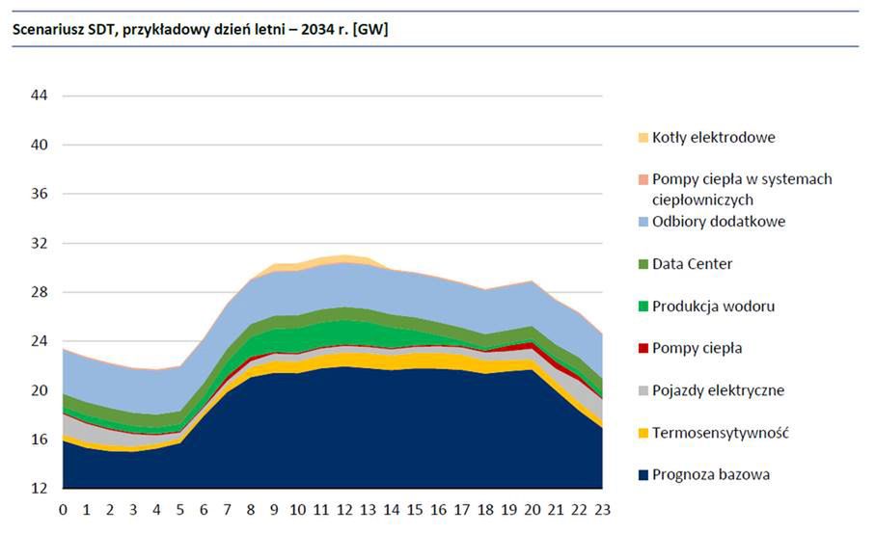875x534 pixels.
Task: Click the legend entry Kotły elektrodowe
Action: (713, 137)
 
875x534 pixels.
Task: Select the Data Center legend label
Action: (691, 264)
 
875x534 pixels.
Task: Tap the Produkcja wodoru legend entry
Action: (713, 307)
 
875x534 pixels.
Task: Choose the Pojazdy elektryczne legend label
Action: (718, 390)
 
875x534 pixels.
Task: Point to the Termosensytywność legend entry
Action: (720, 433)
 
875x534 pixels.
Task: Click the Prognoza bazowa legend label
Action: (710, 474)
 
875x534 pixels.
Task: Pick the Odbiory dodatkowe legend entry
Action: (718, 222)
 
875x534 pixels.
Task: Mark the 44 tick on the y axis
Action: (41, 95)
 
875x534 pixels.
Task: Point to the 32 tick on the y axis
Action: (41, 243)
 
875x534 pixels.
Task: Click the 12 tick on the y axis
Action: (41, 489)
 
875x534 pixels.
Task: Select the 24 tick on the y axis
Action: (41, 341)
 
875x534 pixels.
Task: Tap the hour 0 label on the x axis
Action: (63, 509)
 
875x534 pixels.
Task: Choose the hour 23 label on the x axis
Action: (602, 509)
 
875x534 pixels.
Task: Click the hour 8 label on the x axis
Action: (250, 509)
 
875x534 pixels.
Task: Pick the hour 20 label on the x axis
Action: (532, 509)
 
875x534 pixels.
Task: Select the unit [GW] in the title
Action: (371, 30)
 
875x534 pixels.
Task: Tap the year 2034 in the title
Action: (314, 30)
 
